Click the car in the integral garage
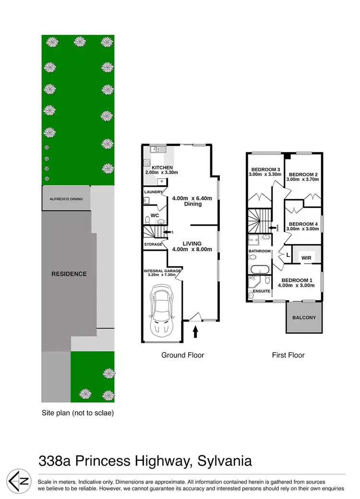(x=162, y=312)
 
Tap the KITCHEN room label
(x=162, y=168)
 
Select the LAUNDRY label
(x=153, y=193)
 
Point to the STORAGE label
(x=153, y=245)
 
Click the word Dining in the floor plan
(x=192, y=204)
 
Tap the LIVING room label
(x=192, y=243)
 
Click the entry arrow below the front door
(x=196, y=331)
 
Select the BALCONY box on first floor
(x=304, y=317)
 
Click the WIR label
(x=306, y=258)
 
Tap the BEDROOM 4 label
(x=303, y=224)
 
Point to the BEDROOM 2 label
(x=303, y=175)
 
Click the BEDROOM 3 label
(x=265, y=170)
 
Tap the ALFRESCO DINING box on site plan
(x=66, y=199)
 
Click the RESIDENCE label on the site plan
(x=69, y=274)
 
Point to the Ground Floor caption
(x=182, y=355)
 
